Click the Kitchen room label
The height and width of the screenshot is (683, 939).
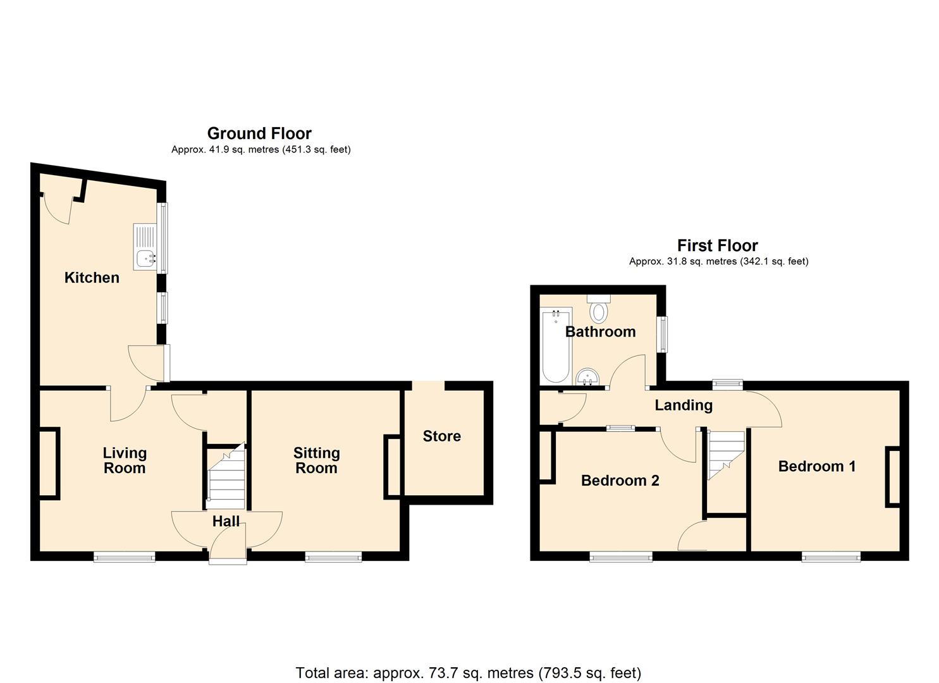(92, 278)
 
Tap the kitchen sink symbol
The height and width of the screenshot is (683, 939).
(145, 246)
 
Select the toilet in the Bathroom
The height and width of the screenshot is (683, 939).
(598, 310)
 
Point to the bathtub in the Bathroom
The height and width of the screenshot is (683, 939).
(556, 345)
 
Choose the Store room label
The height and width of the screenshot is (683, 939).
(441, 436)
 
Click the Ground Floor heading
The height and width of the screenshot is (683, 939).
(259, 133)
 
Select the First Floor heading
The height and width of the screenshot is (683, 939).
(717, 245)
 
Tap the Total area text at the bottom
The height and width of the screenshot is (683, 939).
(469, 672)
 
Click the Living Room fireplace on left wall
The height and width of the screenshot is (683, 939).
(49, 464)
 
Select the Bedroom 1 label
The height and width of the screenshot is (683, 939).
(817, 467)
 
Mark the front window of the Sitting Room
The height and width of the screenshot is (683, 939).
(333, 557)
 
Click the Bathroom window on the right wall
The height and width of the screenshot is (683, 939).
(662, 334)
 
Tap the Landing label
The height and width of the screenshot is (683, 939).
(684, 405)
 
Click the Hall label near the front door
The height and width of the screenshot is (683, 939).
(226, 521)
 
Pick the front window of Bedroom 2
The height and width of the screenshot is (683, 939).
(621, 557)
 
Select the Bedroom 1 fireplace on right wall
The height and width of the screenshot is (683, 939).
(893, 476)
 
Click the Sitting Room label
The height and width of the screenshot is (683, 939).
(316, 460)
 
